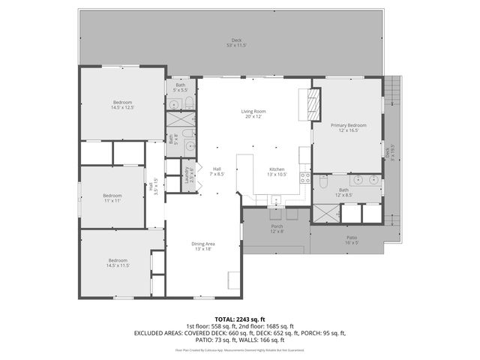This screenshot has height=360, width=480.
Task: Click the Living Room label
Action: click(x=253, y=114)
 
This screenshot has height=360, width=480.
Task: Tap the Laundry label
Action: click(x=187, y=174)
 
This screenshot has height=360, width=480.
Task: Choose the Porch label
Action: click(x=277, y=228)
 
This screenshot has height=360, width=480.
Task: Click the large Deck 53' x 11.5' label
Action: click(x=236, y=43)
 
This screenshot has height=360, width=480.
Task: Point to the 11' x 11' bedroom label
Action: click(x=112, y=198)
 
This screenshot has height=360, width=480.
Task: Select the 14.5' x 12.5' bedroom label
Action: click(x=121, y=104)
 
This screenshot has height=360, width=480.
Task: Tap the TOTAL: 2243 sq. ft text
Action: click(x=239, y=319)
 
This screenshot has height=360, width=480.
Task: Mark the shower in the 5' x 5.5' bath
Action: click(x=181, y=118)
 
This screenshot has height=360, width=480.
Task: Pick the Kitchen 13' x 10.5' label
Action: click(x=277, y=172)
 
